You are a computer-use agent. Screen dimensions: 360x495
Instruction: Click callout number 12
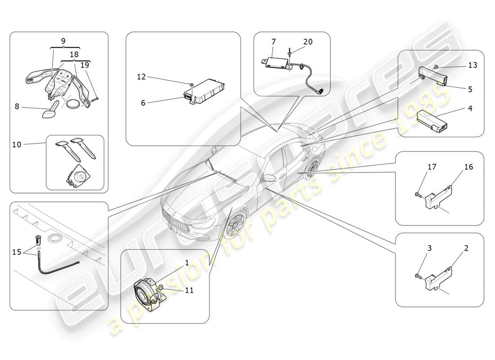[x=142, y=77]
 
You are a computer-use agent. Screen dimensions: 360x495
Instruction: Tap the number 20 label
[x=307, y=42]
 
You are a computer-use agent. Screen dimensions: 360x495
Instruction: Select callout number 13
[x=472, y=65]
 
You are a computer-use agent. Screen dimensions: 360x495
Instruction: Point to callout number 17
[x=432, y=167]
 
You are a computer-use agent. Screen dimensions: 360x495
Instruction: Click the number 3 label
[x=430, y=248]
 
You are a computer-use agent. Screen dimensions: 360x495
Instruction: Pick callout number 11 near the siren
[x=189, y=290]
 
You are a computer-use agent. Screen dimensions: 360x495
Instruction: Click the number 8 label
[x=17, y=107]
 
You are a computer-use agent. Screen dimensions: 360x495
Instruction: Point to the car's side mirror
[x=269, y=178]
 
